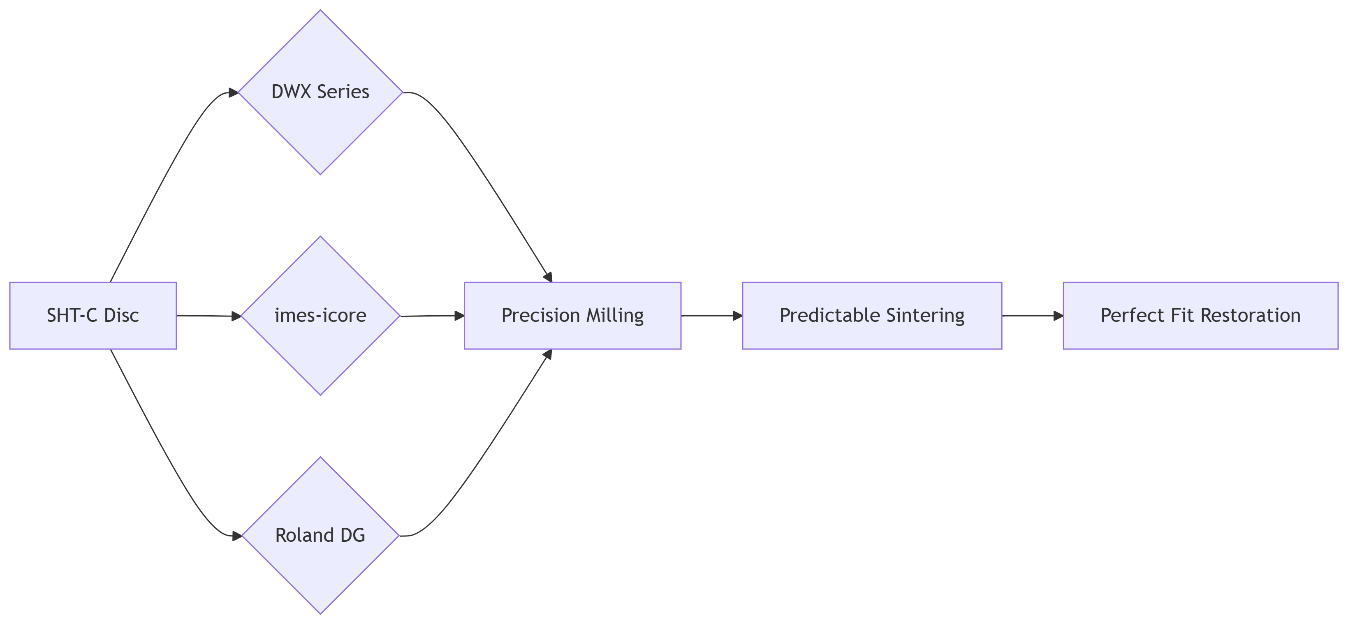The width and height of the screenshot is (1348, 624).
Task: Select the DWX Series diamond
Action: (320, 92)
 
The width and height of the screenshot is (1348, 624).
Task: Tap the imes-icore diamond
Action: (320, 315)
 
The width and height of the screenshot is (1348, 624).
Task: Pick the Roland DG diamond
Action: (320, 535)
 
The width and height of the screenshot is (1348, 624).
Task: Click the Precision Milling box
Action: (572, 315)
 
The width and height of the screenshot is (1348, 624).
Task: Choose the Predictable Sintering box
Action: (872, 315)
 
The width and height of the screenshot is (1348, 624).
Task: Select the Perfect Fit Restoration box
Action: (1200, 315)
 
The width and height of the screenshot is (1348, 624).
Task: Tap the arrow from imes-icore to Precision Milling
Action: (432, 316)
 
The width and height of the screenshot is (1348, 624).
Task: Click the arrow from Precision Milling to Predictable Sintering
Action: (712, 316)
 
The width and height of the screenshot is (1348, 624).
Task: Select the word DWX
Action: (292, 92)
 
